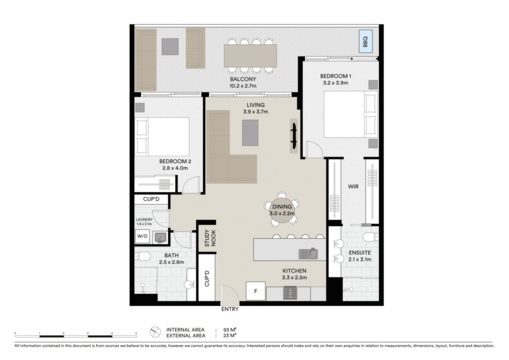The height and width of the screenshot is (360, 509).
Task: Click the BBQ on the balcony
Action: [x=365, y=42]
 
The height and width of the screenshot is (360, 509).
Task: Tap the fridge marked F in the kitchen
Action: [x=256, y=291]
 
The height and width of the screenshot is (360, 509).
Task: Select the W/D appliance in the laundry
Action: [x=142, y=236]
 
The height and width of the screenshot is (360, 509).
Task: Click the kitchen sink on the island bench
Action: [x=308, y=254]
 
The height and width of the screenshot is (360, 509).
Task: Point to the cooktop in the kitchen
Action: [x=290, y=293]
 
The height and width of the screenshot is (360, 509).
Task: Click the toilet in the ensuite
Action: [x=370, y=237]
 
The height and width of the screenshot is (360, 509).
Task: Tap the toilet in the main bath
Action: [x=142, y=257]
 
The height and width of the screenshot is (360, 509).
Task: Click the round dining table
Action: [x=282, y=210]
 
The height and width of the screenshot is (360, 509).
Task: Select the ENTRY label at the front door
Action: [x=230, y=309]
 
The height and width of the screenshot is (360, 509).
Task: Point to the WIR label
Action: [x=353, y=186]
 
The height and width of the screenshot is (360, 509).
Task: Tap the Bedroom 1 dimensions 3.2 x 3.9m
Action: [x=336, y=83]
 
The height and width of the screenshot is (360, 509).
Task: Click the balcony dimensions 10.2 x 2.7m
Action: [x=243, y=86]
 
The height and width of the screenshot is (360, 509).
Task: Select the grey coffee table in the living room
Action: [x=251, y=133]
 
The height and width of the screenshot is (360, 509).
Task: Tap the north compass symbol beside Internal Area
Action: [x=155, y=332]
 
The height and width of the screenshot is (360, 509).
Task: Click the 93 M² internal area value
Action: [x=230, y=330]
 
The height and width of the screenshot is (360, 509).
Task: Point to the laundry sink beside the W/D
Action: [x=160, y=237]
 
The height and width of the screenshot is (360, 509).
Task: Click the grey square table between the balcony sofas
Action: [x=170, y=46]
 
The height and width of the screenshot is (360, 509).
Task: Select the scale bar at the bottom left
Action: [x=76, y=335]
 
